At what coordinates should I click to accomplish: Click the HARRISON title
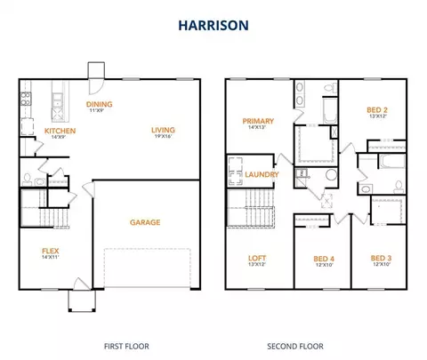tap(213, 26)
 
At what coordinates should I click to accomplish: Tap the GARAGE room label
tap(145, 222)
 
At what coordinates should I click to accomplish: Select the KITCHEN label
tap(60, 131)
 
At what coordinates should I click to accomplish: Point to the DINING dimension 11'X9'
tap(97, 110)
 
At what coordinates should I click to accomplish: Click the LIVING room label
tap(163, 130)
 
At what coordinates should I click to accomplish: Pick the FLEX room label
tap(51, 251)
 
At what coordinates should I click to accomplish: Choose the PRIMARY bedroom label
tap(258, 121)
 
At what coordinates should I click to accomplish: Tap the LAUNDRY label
tap(262, 174)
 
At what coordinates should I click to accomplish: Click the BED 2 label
tap(377, 110)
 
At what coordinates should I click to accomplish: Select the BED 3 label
tap(381, 258)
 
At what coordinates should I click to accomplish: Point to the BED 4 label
tap(324, 259)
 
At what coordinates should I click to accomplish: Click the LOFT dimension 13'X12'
tap(257, 264)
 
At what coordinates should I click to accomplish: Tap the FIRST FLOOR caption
tap(126, 347)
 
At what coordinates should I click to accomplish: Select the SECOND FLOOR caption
tap(295, 347)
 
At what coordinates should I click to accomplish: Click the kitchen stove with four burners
tap(26, 99)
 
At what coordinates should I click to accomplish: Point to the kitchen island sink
tap(57, 100)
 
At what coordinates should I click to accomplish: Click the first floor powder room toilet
tap(28, 180)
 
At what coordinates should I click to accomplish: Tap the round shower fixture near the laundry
tap(331, 174)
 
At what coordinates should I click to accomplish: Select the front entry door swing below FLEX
tap(82, 284)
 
